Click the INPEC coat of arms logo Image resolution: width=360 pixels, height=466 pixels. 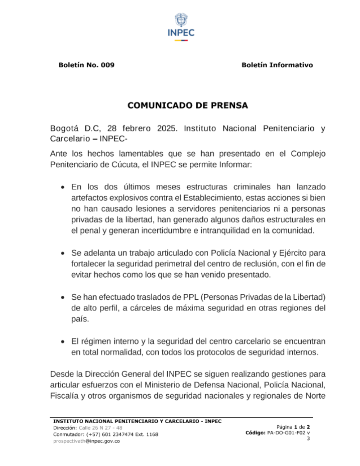(x=181, y=21)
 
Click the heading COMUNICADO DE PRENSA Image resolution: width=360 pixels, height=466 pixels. (x=188, y=106)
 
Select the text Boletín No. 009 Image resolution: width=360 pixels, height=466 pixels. (x=86, y=65)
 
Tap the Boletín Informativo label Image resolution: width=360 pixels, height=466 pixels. (x=277, y=65)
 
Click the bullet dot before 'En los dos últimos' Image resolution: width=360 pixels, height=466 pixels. (x=63, y=187)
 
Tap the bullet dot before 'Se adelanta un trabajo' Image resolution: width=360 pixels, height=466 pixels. (x=63, y=253)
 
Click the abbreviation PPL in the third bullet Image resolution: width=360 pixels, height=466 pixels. (x=190, y=297)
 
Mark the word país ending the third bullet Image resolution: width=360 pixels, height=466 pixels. (x=80, y=319)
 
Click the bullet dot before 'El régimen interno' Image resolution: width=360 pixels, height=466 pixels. (x=63, y=341)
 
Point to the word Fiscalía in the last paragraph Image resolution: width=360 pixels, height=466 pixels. (x=64, y=396)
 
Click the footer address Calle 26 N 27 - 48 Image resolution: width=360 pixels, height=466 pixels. (x=100, y=428)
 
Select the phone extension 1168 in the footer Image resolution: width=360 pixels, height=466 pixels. (x=152, y=434)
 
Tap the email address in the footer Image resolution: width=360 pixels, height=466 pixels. (x=86, y=441)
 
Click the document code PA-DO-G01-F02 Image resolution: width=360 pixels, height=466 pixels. (x=286, y=433)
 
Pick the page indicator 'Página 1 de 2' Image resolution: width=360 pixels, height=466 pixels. (x=293, y=427)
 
